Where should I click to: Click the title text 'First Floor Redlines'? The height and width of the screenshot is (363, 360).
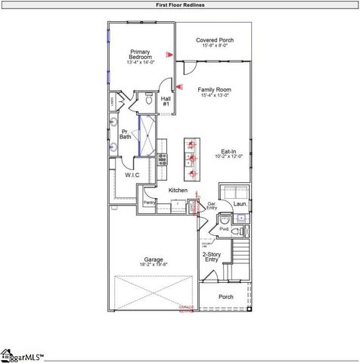coord(180,5)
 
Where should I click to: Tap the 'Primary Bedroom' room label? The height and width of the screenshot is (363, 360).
coord(141,54)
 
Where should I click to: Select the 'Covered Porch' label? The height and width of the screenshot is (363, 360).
coord(214,40)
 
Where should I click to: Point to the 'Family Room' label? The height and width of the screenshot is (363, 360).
coord(214,89)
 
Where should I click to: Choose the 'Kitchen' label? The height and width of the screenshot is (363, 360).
coord(178,190)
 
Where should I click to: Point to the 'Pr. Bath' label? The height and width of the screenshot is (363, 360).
coord(126,134)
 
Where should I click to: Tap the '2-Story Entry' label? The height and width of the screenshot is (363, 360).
coord(213,257)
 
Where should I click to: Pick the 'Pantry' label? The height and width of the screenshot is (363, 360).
coord(149,203)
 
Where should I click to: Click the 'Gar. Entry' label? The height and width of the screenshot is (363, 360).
coord(213,206)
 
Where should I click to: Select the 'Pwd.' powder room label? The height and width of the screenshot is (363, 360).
coord(225,228)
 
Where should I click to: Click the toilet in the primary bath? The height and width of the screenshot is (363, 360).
coord(149,99)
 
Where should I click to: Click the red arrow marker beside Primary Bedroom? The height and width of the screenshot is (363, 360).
coord(171,54)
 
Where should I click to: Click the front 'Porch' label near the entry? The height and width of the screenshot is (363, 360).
coord(225,297)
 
